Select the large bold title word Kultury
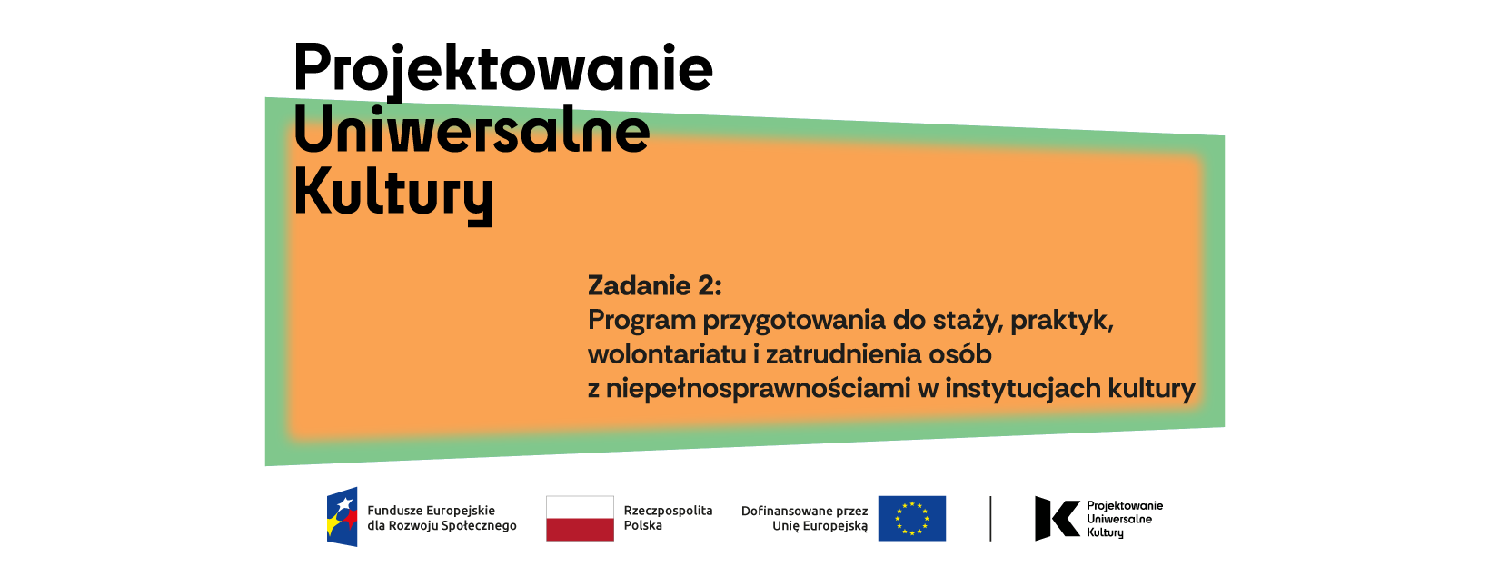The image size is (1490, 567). point(393,195)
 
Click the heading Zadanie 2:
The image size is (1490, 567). point(654,285)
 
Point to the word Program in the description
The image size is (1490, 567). point(642,322)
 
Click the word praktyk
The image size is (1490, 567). point(1062,322)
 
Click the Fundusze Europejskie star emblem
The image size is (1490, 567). point(342,517)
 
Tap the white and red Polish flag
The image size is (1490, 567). point(580,519)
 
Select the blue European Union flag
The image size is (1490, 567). point(912,519)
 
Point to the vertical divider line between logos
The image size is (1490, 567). point(990,519)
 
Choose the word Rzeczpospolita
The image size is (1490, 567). point(668,511)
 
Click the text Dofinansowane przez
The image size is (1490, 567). point(804,511)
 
